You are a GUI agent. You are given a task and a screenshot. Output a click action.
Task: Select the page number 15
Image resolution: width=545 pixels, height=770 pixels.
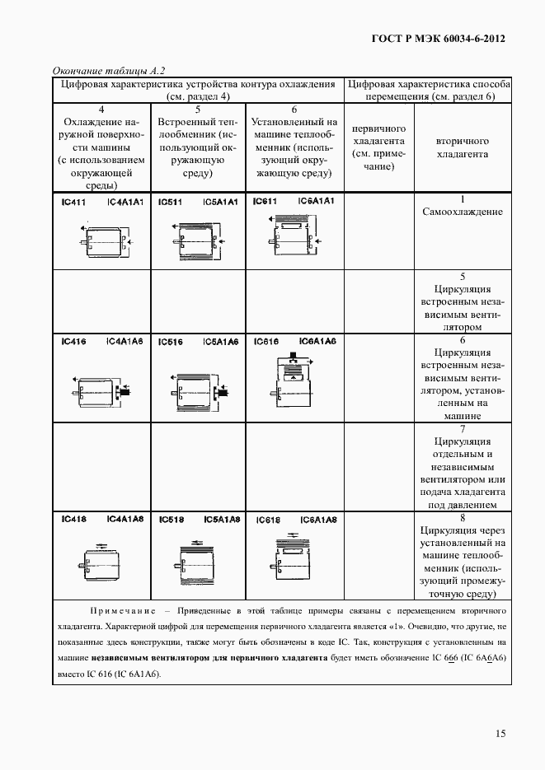(x=500, y=734)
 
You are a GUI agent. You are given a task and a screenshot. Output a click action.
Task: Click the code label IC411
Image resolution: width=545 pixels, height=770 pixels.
(x=73, y=202)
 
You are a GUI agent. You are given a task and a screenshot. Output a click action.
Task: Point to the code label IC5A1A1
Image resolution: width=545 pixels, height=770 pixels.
(x=220, y=202)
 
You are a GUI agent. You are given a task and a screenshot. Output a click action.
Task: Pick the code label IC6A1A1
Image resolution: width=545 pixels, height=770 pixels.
(x=316, y=201)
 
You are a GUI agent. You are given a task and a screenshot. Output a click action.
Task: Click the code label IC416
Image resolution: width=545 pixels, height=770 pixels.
(x=73, y=342)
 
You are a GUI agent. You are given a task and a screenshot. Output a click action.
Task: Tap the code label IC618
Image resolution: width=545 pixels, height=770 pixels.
(x=268, y=520)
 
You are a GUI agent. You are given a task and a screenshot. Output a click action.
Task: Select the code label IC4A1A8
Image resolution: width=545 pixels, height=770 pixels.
(x=125, y=519)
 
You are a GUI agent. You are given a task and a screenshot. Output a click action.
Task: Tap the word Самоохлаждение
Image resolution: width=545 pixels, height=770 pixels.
(x=462, y=212)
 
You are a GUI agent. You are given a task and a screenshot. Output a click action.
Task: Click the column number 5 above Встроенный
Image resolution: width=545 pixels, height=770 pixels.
(x=198, y=109)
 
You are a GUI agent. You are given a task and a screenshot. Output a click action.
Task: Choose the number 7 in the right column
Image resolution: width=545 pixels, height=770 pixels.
(x=463, y=429)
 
